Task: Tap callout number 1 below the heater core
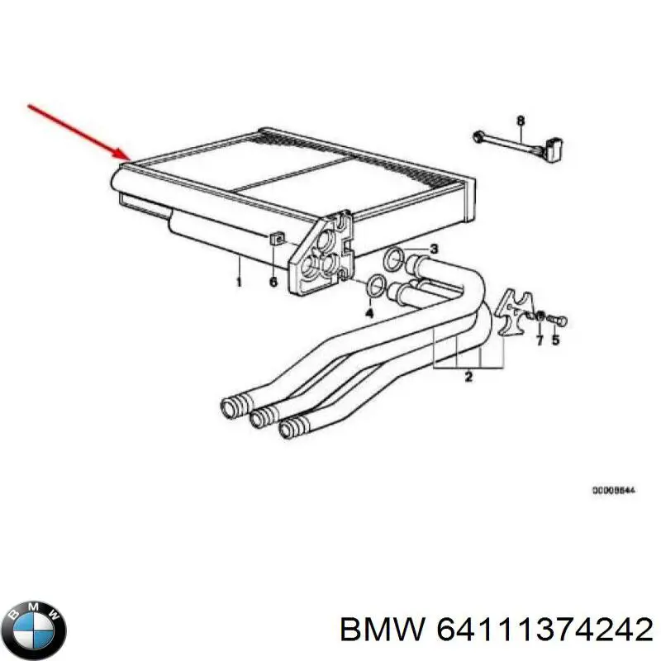pos(239,283)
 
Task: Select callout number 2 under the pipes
pos(468,378)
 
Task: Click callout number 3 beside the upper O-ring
pos(434,250)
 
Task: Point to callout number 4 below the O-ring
pos(369,314)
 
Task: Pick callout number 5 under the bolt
pos(555,340)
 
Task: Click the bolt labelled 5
pos(556,318)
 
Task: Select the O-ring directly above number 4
pos(376,285)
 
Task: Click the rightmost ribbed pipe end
pos(291,429)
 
